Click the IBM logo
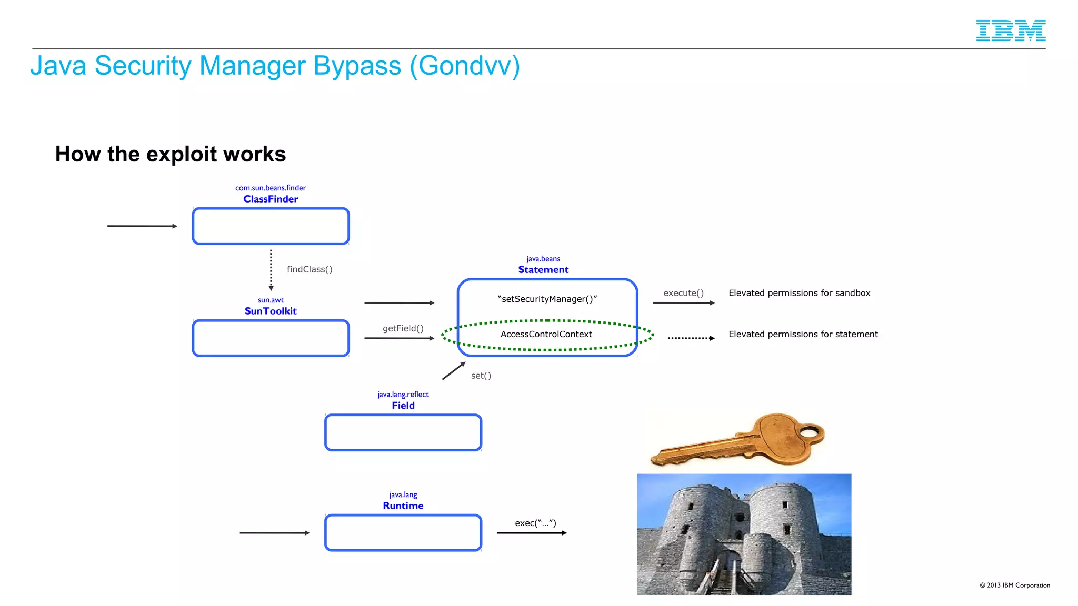click(x=1010, y=31)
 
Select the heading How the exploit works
click(x=171, y=154)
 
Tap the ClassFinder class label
click(x=271, y=199)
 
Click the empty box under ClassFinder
click(x=271, y=226)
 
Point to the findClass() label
click(x=310, y=269)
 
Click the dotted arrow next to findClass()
click(x=271, y=270)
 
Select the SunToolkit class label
click(x=271, y=311)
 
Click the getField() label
click(x=403, y=328)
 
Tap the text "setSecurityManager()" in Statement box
click(x=547, y=299)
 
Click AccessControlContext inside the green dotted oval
click(x=546, y=334)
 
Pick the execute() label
click(x=683, y=293)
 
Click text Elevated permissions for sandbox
click(x=799, y=293)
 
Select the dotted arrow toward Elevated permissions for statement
click(x=691, y=338)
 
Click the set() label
click(x=481, y=376)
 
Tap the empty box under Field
click(x=403, y=432)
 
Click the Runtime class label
click(x=403, y=506)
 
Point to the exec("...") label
click(x=535, y=523)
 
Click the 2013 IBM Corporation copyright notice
click(x=1014, y=585)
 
